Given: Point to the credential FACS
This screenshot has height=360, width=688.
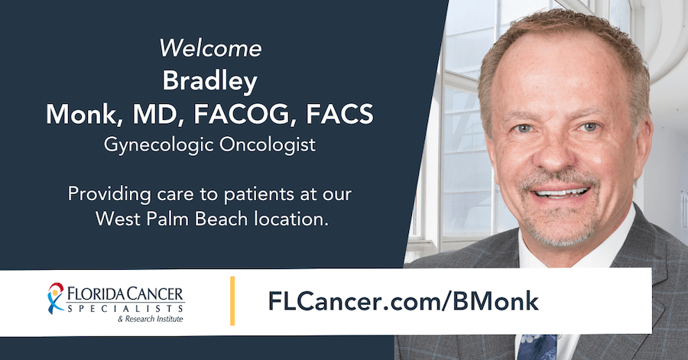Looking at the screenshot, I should (339, 115).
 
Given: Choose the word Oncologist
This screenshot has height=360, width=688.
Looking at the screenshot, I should (264, 144).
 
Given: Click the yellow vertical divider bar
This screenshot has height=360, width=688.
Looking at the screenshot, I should (232, 300).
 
